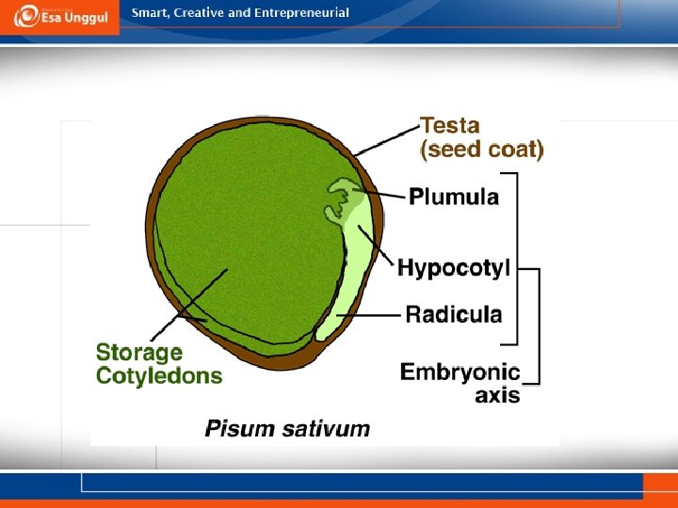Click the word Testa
[x=449, y=125]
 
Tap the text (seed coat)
[x=482, y=149]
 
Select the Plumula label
[x=454, y=197]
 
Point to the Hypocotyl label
[x=454, y=269]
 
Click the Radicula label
[x=454, y=314]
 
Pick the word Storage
[x=139, y=353]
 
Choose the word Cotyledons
[x=159, y=376]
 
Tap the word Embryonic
[x=460, y=372]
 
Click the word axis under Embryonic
[x=497, y=395]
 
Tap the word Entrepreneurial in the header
[x=299, y=13]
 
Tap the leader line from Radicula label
[x=372, y=315]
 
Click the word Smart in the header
[x=148, y=13]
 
